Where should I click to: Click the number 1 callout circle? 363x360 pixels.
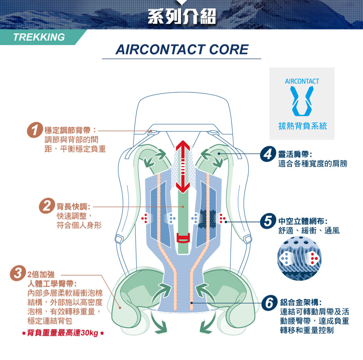coord(35,130)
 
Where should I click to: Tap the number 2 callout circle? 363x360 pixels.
coord(47,206)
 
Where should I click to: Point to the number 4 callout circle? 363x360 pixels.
coord(268,154)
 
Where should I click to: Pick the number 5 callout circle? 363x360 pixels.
coord(268,221)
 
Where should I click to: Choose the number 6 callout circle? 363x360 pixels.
coord(270,302)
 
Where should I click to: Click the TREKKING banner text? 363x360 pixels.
coord(39,37)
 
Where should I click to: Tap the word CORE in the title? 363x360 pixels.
coord(229,49)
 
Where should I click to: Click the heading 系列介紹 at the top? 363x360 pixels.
coord(182,16)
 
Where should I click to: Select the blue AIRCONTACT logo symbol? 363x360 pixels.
coord(302,101)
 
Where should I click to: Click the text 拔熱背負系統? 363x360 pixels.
coord(302,126)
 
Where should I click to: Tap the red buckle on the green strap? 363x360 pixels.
coord(183,238)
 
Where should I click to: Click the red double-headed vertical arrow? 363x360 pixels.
coord(183,167)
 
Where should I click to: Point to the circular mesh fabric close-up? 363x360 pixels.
coord(299,258)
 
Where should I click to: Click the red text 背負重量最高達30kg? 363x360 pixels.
coord(63,333)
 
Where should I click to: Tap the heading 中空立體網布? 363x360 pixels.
coord(302,221)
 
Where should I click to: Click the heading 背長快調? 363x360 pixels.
coord(74,206)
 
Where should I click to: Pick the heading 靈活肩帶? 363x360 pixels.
coord(295,154)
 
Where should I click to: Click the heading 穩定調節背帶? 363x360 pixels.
coord(70,130)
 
